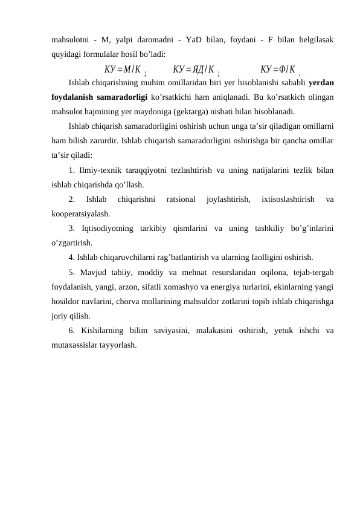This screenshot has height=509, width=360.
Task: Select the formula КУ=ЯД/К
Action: (193, 68)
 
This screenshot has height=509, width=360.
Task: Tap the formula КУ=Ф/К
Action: (277, 68)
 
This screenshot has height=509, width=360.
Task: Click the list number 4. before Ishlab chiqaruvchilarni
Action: (72, 257)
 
